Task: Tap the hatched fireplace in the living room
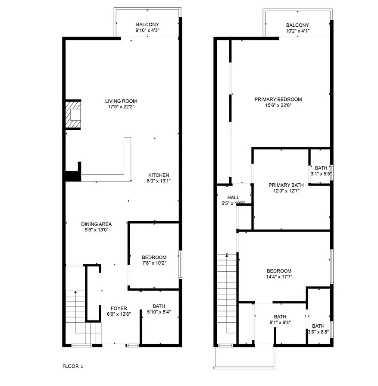pos(73,115)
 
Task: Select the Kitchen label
pos(159,175)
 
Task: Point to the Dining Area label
pos(97,224)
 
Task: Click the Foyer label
pos(119,308)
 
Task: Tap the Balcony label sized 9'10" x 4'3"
pos(147,25)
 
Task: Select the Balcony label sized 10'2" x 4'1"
pos(297,25)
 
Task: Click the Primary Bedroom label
pos(278,99)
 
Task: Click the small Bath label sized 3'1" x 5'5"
pos(321,168)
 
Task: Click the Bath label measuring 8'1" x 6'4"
pos(280,316)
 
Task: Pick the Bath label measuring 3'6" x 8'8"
pos(318,326)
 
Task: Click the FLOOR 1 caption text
pos(73,367)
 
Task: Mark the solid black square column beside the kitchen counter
pos(72,177)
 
